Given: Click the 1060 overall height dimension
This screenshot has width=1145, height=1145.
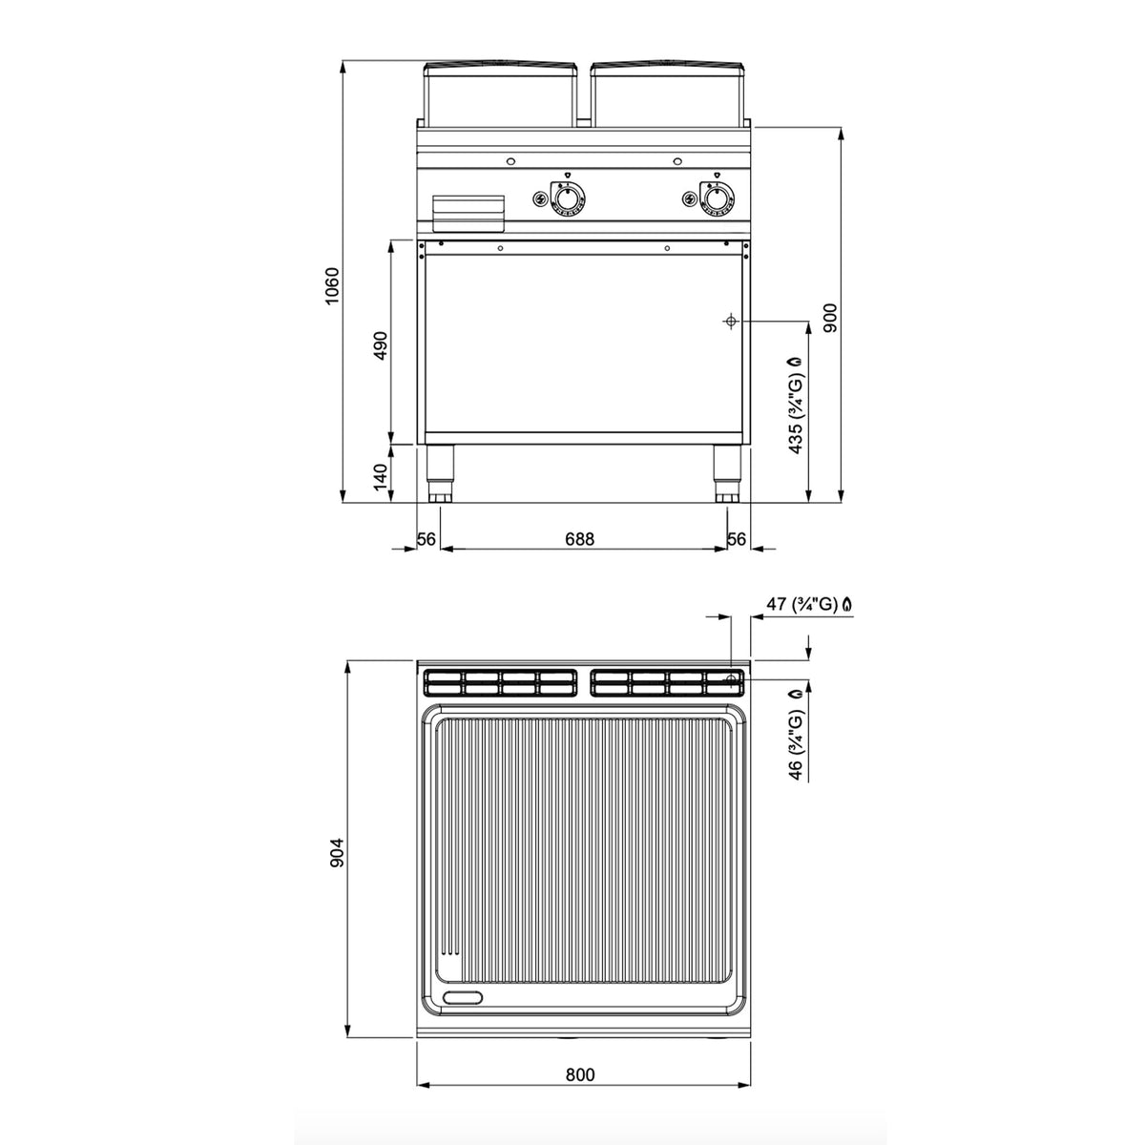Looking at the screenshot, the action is pos(332,286).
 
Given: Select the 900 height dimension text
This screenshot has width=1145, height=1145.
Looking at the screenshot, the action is pos(830,318).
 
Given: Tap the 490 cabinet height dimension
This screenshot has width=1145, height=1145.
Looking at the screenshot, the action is pos(381,344).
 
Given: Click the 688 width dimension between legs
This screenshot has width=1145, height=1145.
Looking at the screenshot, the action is pos(579,538).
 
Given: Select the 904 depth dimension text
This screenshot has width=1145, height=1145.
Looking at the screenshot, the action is pos(338,853).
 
